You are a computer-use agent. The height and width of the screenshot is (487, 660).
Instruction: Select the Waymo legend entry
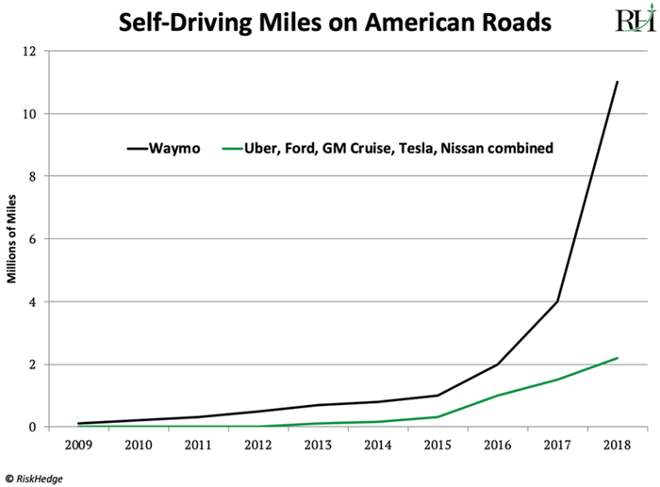(165, 148)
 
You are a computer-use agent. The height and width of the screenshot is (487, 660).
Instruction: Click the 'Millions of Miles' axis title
(13, 239)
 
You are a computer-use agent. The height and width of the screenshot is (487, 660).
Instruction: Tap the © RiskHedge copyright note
(39, 476)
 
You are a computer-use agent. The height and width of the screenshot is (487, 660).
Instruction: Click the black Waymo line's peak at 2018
(617, 82)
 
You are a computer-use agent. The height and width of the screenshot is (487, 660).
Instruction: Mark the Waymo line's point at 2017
(557, 301)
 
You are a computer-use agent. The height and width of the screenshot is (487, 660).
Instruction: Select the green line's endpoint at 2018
(617, 358)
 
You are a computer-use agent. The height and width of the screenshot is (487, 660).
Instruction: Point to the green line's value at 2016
(498, 396)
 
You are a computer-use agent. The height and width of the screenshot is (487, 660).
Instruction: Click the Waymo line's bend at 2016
(498, 365)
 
